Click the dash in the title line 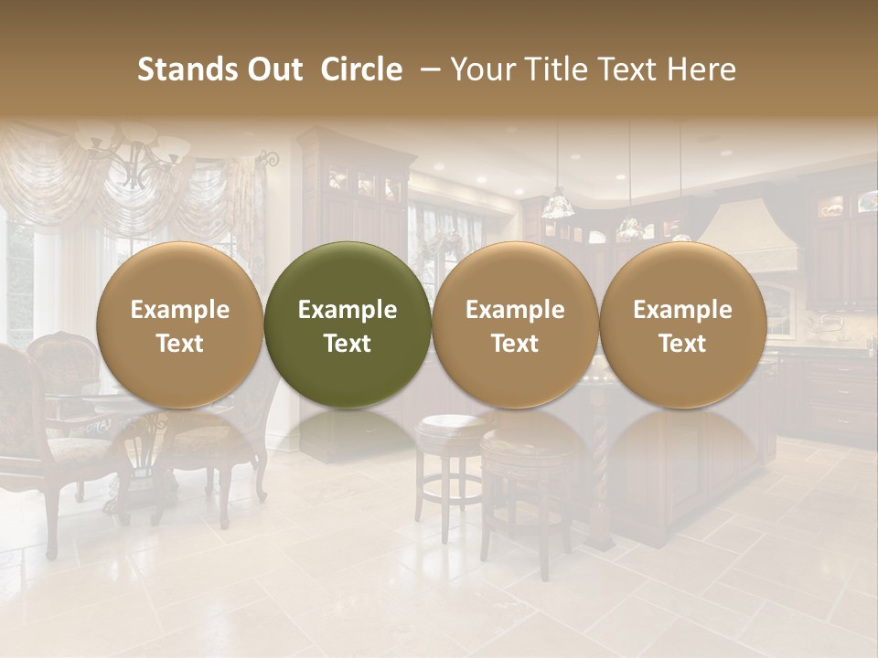coord(426,69)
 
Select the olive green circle coord(348,324)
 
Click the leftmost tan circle coord(180,324)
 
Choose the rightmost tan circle coord(683,324)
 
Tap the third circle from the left coord(515,324)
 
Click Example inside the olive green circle coord(348,310)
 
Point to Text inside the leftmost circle coord(180,344)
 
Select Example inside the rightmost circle coord(683,310)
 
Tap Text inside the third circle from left coord(515,344)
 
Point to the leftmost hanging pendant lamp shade coord(557,207)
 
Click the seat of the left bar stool coord(452,425)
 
